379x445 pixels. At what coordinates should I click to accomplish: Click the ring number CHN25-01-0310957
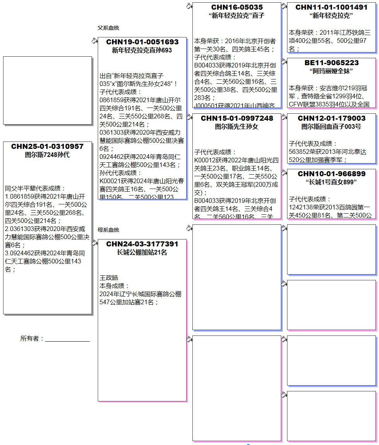click(47, 147)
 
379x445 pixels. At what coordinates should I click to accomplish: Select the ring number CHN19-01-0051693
click(142, 42)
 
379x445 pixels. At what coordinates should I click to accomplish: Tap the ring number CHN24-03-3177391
click(142, 244)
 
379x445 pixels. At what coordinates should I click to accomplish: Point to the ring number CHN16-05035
click(237, 7)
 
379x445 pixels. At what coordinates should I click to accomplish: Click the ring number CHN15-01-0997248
click(237, 118)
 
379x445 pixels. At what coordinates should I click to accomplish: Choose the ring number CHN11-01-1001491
click(331, 7)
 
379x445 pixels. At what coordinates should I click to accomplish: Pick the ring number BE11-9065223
click(331, 63)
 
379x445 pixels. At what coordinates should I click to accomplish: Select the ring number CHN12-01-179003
click(331, 118)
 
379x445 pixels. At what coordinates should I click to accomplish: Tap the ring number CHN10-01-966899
click(331, 174)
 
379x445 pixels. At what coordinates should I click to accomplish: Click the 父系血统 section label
click(108, 28)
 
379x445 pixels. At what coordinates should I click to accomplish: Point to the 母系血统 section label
click(108, 230)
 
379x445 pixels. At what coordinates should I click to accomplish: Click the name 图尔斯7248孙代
click(47, 155)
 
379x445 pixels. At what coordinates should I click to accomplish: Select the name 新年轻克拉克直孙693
click(142, 51)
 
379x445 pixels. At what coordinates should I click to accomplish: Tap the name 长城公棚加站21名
click(142, 253)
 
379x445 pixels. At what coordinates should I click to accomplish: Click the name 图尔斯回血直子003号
click(331, 127)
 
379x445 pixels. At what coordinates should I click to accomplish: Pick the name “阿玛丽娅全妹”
click(331, 71)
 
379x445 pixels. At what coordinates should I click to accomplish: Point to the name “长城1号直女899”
click(331, 182)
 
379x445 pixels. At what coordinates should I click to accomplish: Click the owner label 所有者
click(32, 339)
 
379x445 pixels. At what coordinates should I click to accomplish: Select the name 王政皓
click(109, 278)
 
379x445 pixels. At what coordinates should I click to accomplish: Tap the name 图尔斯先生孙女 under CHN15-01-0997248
click(237, 127)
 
